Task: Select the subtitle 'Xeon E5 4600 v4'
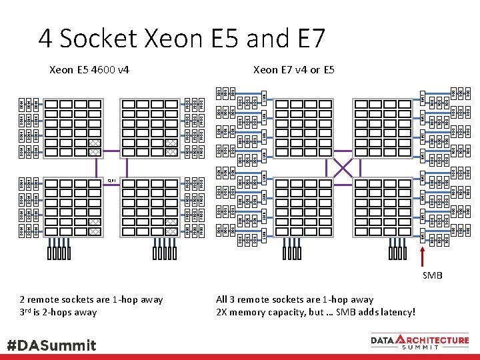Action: [x=90, y=69]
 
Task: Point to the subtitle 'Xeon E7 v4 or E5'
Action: [x=294, y=69]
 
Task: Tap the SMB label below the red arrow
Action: [x=432, y=275]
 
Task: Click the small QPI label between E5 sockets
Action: [x=111, y=180]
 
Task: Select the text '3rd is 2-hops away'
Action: [x=58, y=312]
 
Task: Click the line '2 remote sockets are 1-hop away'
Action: [x=91, y=299]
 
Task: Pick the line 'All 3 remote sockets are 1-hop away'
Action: [x=295, y=299]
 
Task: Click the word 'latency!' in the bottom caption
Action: [x=396, y=312]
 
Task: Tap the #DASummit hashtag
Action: [x=52, y=345]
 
